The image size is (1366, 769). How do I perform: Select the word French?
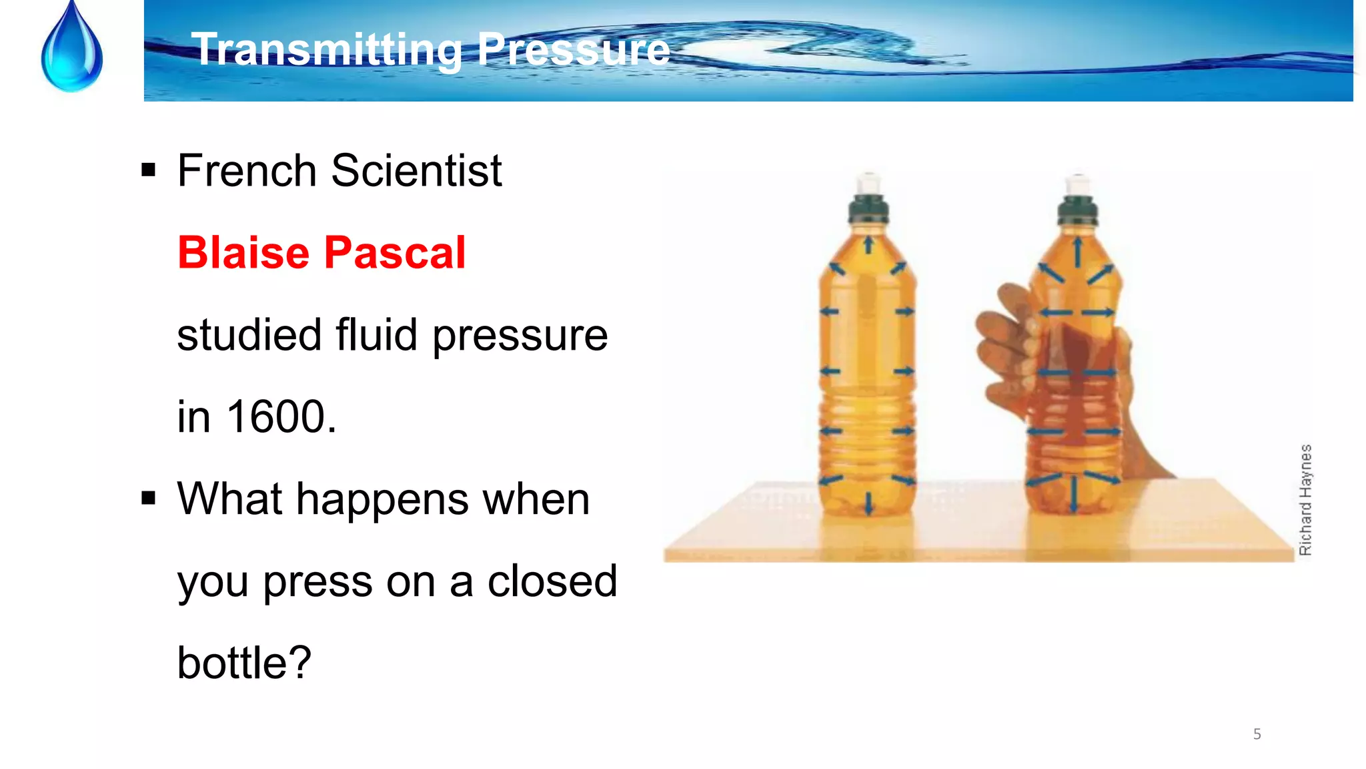pos(246,171)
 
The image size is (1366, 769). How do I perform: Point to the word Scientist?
pos(416,171)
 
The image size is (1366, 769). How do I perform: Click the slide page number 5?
pos(1257,734)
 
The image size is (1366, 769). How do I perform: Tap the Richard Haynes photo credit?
pos(1305,499)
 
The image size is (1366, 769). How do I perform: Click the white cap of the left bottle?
pos(868,183)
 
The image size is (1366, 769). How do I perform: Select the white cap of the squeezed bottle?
pos(1078,184)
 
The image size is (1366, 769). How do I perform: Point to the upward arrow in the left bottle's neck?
pos(868,244)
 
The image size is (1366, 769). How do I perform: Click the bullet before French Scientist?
pos(148,170)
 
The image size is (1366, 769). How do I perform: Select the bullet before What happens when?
pos(148,498)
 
